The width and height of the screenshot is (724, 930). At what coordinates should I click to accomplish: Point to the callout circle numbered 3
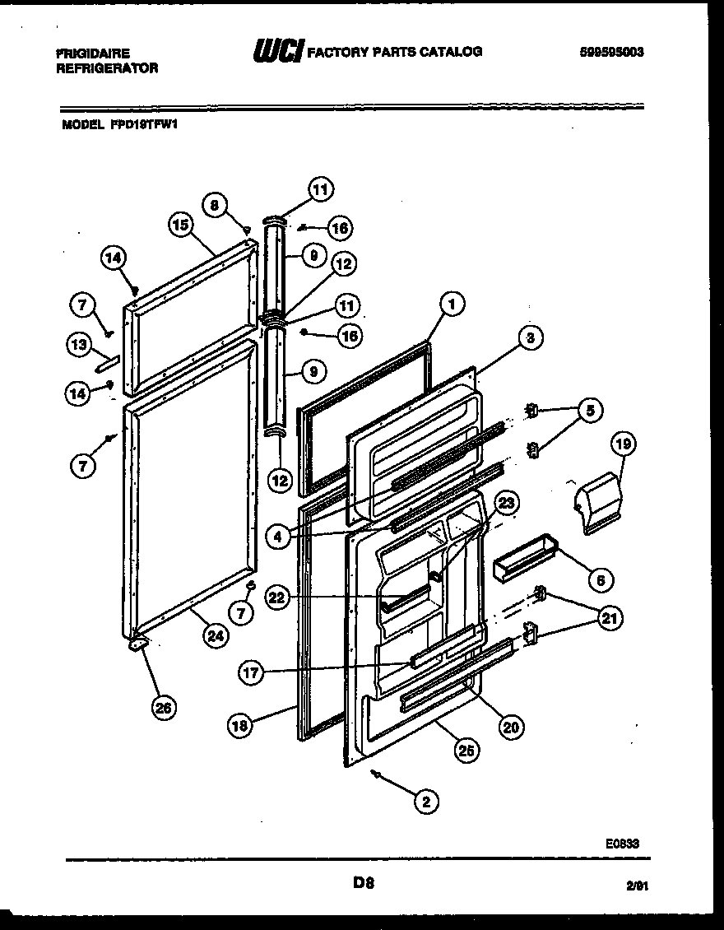coord(531,337)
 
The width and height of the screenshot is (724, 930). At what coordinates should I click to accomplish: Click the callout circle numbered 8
coord(215,205)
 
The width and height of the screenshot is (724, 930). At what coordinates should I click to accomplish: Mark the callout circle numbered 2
coord(425,801)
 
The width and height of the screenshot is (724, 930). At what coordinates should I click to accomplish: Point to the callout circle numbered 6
coord(600,580)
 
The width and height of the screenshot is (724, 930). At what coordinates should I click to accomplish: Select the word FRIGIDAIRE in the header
coord(92,53)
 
